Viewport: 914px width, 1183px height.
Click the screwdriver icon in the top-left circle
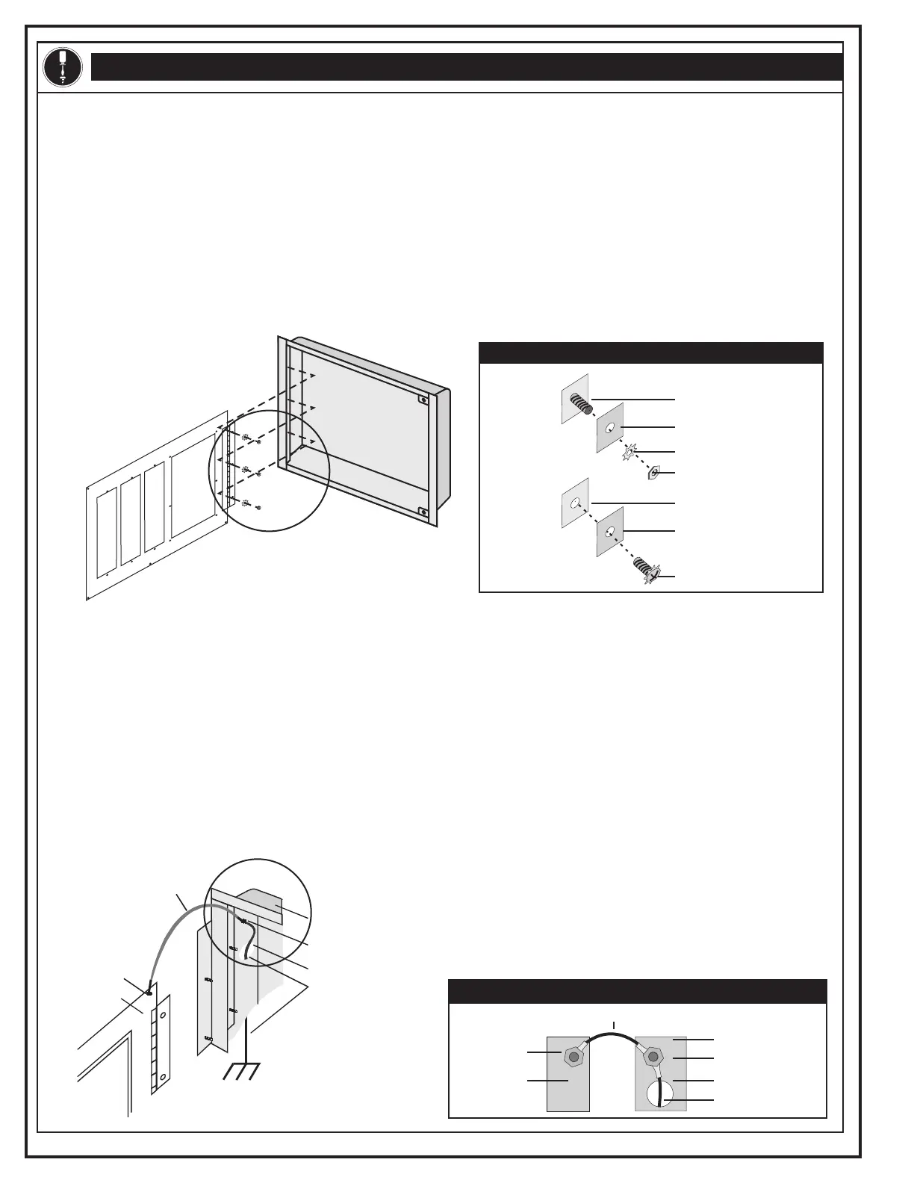(x=63, y=66)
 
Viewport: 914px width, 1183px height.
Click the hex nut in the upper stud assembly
(x=654, y=473)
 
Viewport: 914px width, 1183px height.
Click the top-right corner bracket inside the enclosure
(x=423, y=400)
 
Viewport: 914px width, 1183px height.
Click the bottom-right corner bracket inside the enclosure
(x=423, y=512)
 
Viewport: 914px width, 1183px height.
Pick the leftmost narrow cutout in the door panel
(x=108, y=530)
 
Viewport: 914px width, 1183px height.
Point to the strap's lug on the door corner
(x=149, y=993)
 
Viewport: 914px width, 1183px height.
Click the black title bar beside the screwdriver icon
(x=467, y=66)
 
